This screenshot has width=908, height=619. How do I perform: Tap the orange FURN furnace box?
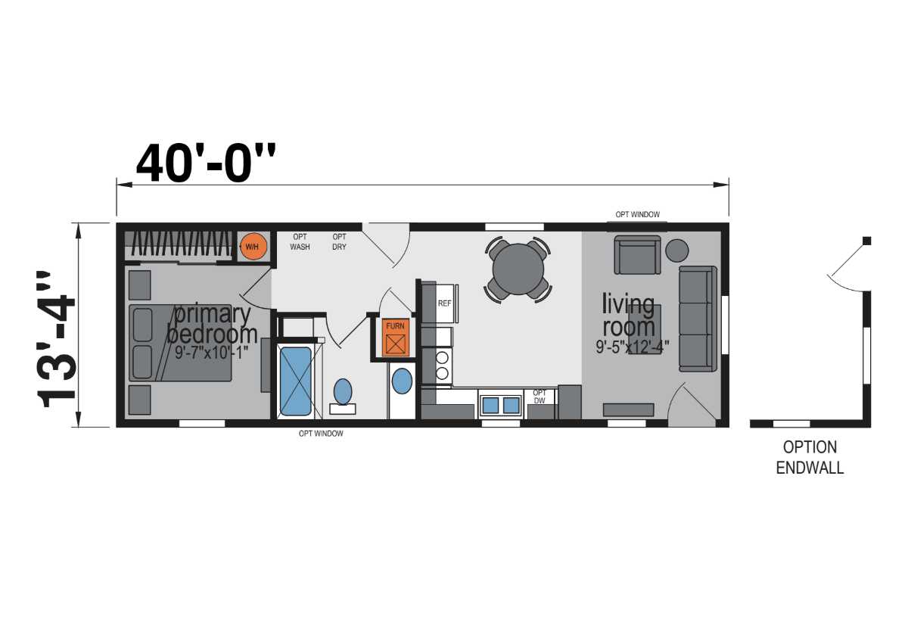tap(395, 337)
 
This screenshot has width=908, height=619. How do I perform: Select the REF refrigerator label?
tap(444, 303)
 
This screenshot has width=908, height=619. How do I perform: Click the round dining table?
tap(518, 269)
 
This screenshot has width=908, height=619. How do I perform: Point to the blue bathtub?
tap(296, 381)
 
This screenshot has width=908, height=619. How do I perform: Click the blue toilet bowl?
tap(343, 391)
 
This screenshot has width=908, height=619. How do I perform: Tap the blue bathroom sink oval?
tap(402, 381)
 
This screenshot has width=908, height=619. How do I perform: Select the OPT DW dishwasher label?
tap(540, 397)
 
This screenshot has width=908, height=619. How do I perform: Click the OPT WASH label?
tap(300, 241)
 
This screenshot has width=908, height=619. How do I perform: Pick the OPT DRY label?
tap(339, 241)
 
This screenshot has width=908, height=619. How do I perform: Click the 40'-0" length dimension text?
tap(206, 163)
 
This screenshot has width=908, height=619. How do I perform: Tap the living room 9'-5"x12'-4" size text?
tap(632, 347)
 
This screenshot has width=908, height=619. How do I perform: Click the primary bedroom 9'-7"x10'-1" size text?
tap(211, 352)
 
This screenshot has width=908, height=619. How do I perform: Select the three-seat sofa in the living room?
tap(698, 319)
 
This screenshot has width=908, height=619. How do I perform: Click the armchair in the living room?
tap(637, 254)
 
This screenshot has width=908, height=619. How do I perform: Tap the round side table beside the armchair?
tap(677, 250)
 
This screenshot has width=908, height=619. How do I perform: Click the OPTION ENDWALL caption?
tap(810, 458)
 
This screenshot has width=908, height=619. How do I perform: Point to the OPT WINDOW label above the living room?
tap(638, 214)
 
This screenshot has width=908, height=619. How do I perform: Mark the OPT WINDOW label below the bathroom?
tap(321, 434)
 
